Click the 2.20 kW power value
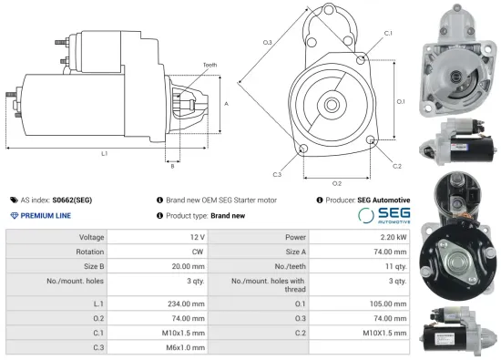pos(394,237)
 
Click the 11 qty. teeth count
pos(396,267)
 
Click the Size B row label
pos(91,267)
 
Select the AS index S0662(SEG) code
pos(72,200)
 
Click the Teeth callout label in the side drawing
pos(210,65)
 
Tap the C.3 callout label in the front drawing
pos(277,173)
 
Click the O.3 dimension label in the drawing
pos(268,43)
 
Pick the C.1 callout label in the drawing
pos(388,33)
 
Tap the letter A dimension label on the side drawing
pos(225,105)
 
